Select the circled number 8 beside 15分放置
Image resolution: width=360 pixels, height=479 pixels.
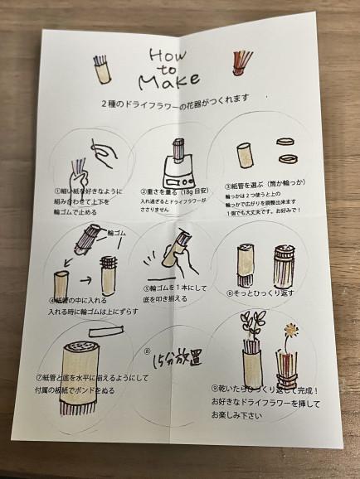coord(148,349)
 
